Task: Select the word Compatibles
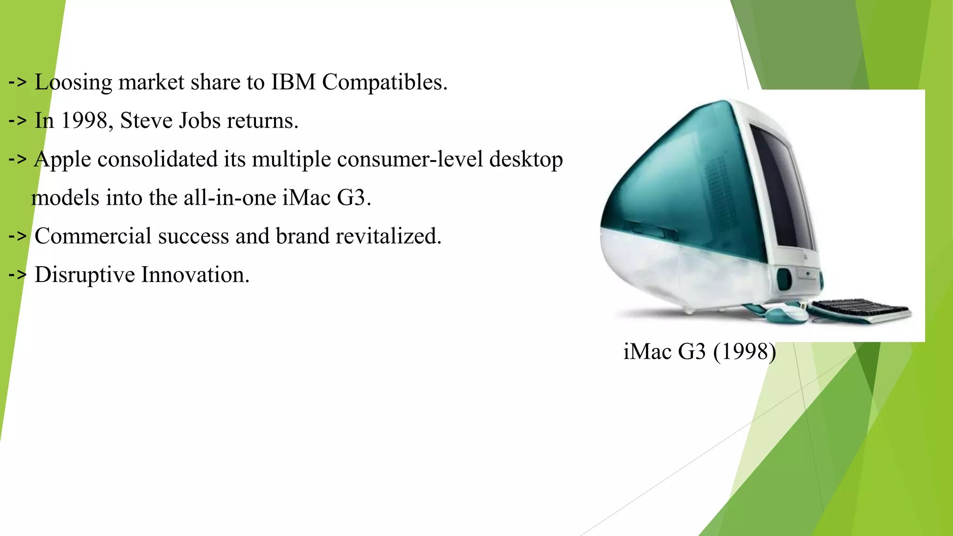[384, 83]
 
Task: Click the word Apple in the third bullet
[62, 160]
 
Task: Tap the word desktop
[526, 160]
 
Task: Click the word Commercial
[93, 236]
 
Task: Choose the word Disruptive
[85, 275]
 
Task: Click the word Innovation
[195, 275]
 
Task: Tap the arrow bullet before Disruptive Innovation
[17, 275]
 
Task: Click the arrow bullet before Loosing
[17, 82]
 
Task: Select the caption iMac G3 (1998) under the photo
[699, 352]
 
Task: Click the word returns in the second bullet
[262, 121]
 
